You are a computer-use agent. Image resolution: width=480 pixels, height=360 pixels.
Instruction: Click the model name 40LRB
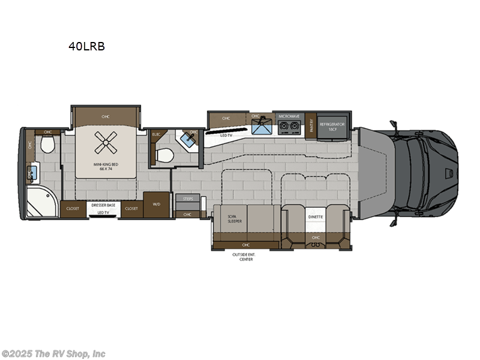(86, 46)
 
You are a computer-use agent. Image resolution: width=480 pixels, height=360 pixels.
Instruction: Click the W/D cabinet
(157, 205)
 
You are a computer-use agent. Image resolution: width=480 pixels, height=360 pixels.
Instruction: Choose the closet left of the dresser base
(73, 208)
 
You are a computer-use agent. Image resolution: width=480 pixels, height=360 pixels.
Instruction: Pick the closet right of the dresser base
(131, 208)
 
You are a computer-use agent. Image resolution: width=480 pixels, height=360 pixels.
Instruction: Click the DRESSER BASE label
(102, 205)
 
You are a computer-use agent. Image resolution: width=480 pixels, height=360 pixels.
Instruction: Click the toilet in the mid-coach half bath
(164, 155)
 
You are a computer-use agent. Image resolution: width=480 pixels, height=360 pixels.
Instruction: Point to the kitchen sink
(261, 127)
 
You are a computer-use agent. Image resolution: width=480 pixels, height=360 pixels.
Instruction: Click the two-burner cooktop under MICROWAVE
(288, 127)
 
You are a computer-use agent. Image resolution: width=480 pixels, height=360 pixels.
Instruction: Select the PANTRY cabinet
(311, 125)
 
